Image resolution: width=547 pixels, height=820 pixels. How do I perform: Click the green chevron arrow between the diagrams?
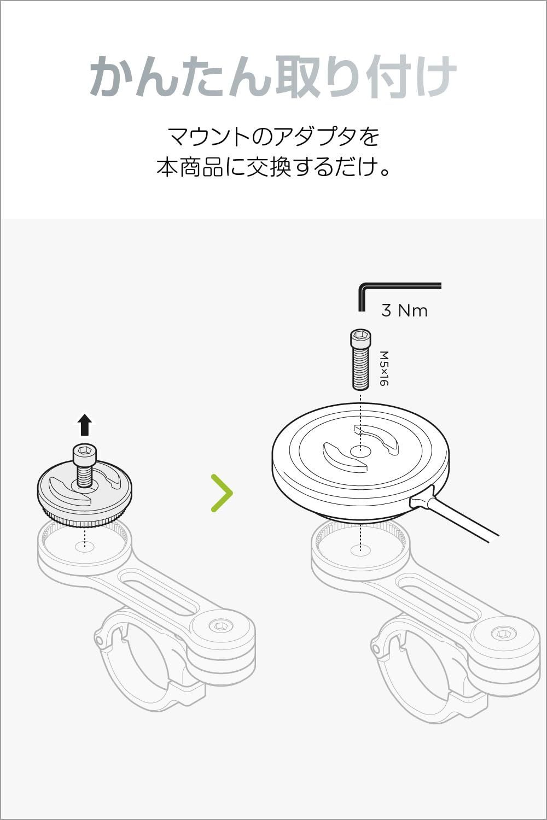pos(222,493)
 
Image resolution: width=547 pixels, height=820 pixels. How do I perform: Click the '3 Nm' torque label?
pos(404,311)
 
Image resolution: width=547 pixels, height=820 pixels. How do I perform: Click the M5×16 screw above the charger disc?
pos(360,359)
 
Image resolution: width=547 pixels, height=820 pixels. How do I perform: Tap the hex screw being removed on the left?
pos(84,464)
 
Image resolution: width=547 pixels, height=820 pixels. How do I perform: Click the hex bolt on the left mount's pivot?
pos(220,626)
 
